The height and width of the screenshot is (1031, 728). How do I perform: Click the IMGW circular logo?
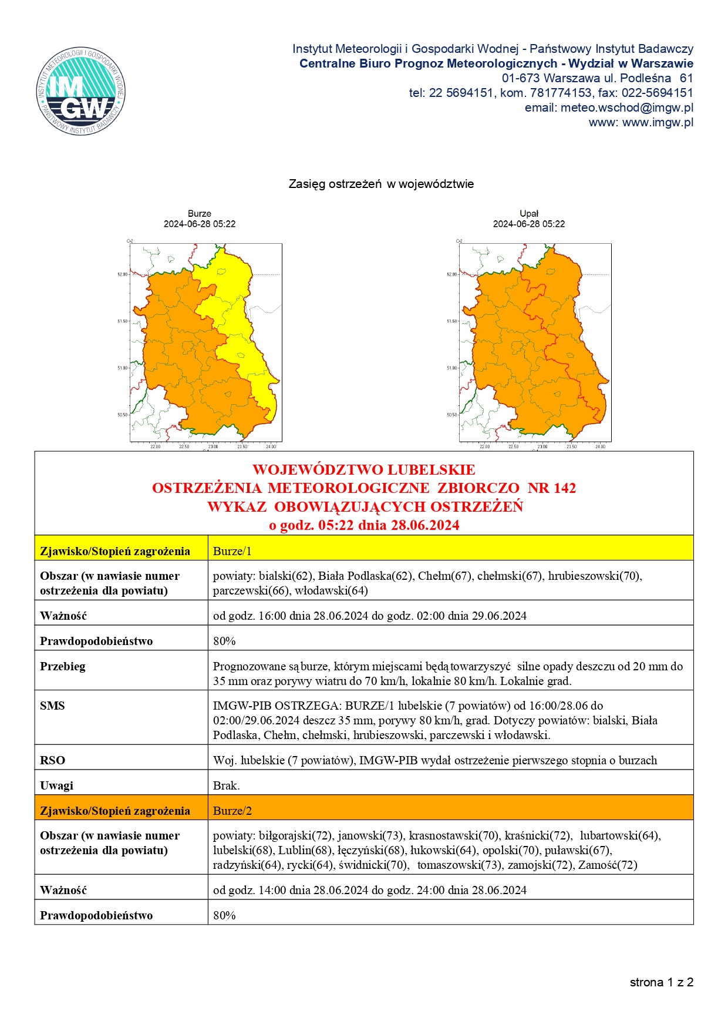(x=81, y=91)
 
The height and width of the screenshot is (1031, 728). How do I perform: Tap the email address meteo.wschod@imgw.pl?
(x=626, y=108)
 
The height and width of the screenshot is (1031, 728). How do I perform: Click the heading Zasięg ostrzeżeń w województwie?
(x=381, y=184)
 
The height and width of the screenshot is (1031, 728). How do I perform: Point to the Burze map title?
(x=200, y=214)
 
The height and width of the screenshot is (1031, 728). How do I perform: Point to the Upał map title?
(x=529, y=214)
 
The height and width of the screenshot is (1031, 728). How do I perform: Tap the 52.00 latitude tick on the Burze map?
(x=122, y=274)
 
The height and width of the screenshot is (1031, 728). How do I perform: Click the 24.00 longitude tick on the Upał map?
(x=600, y=447)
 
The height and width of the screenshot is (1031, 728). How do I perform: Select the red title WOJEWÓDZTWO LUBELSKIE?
(x=364, y=470)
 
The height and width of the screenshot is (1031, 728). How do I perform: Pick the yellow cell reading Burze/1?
(x=232, y=551)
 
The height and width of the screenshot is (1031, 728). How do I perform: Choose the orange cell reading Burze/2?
(x=232, y=811)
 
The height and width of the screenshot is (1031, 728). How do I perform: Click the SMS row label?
(x=52, y=706)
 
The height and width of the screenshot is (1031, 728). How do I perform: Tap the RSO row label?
(x=52, y=760)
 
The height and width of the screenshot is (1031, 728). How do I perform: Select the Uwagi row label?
(x=56, y=785)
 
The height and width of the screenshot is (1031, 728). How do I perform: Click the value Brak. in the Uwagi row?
(x=226, y=785)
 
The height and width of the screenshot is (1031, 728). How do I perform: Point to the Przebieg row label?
(x=62, y=666)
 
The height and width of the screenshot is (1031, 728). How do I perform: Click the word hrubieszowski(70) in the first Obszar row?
(x=594, y=576)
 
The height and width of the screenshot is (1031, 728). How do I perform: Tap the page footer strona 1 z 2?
(x=662, y=982)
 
